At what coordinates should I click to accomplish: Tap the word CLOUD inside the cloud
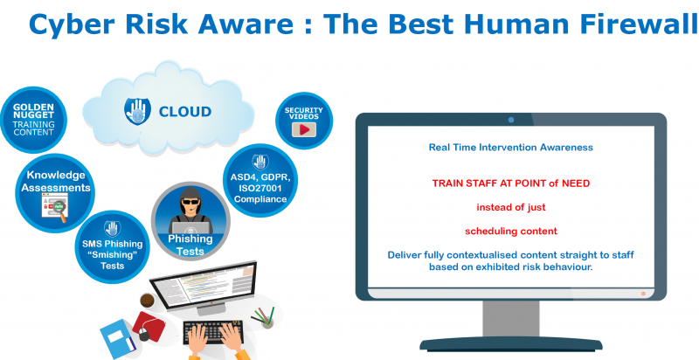[x=184, y=111]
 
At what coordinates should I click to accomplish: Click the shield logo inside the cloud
[x=136, y=110]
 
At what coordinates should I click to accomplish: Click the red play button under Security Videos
[x=304, y=129]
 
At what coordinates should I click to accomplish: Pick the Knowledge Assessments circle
[x=56, y=188]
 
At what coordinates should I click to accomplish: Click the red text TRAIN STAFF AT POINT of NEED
[x=510, y=183]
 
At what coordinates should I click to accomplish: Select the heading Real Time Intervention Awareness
[x=510, y=148]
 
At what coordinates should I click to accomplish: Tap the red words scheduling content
[x=510, y=232]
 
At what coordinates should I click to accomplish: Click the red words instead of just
[x=510, y=208]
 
